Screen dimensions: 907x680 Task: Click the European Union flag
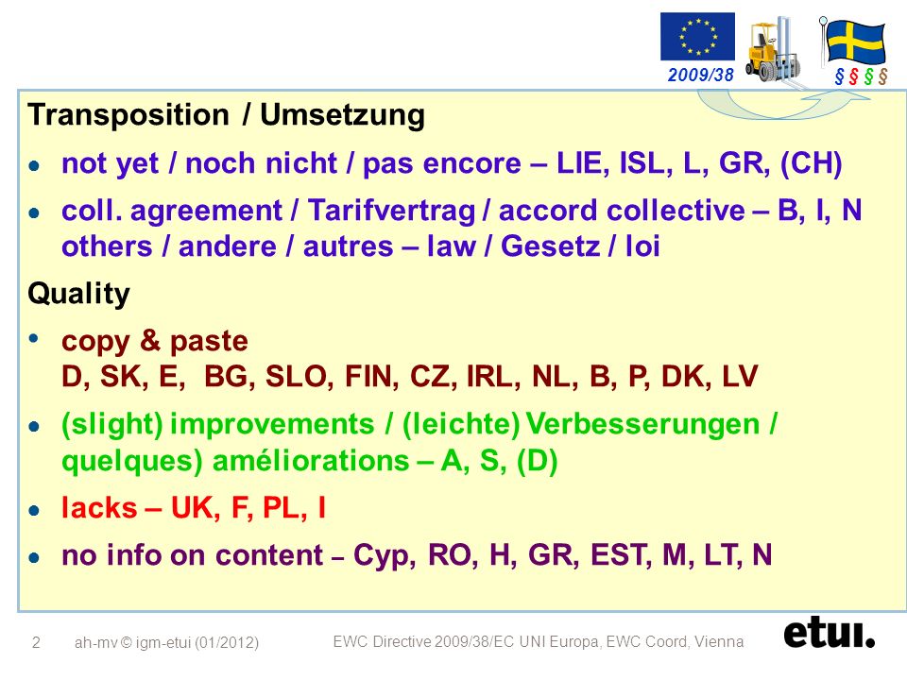pos(697,37)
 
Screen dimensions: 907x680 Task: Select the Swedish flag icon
pos(853,41)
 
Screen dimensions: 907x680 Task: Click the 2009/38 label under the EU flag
pos(700,75)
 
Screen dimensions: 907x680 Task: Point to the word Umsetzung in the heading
pos(342,115)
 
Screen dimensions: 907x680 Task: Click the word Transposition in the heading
pos(128,115)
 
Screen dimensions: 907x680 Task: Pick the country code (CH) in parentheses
pos(811,163)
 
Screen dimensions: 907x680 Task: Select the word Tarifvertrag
pos(391,211)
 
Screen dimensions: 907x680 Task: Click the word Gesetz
pos(550,246)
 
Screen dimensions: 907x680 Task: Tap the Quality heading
pos(78,294)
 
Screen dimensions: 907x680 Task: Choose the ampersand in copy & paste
pos(150,340)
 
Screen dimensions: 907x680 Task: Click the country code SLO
pos(299,377)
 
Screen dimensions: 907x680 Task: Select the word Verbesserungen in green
pos(642,424)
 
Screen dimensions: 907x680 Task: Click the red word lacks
pos(99,508)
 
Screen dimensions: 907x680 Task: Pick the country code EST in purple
pos(618,554)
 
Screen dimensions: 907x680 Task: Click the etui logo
pos(829,634)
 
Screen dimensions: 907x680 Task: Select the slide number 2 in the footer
pos(36,642)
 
